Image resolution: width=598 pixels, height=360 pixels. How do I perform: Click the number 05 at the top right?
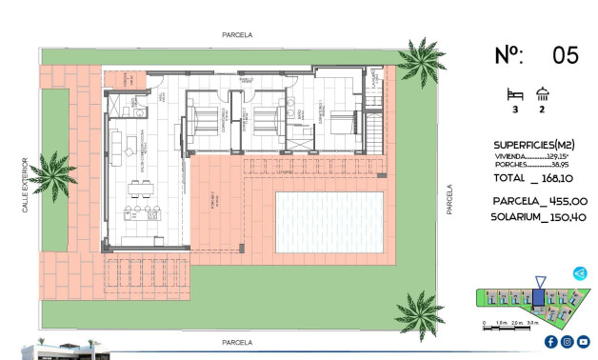pyautogui.click(x=565, y=55)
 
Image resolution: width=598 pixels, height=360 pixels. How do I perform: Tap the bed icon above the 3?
pyautogui.click(x=515, y=93)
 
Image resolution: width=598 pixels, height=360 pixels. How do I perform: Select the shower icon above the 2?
pyautogui.click(x=543, y=93)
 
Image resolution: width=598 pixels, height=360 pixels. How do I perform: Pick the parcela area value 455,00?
pyautogui.click(x=567, y=201)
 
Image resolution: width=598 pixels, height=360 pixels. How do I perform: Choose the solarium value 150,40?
pyautogui.click(x=567, y=217)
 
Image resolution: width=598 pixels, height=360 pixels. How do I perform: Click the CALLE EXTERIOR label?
pyautogui.click(x=26, y=185)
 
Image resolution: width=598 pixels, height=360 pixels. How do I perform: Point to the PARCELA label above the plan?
pyautogui.click(x=237, y=34)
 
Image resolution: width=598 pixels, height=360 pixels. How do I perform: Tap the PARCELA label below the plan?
pyautogui.click(x=237, y=341)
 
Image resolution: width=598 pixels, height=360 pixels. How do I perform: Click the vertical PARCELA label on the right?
pyautogui.click(x=449, y=200)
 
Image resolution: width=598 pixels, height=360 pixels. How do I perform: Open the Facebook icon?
pyautogui.click(x=550, y=342)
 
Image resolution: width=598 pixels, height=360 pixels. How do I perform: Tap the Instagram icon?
pyautogui.click(x=567, y=342)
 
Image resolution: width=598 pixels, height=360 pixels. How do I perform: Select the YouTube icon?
pyautogui.click(x=583, y=342)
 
